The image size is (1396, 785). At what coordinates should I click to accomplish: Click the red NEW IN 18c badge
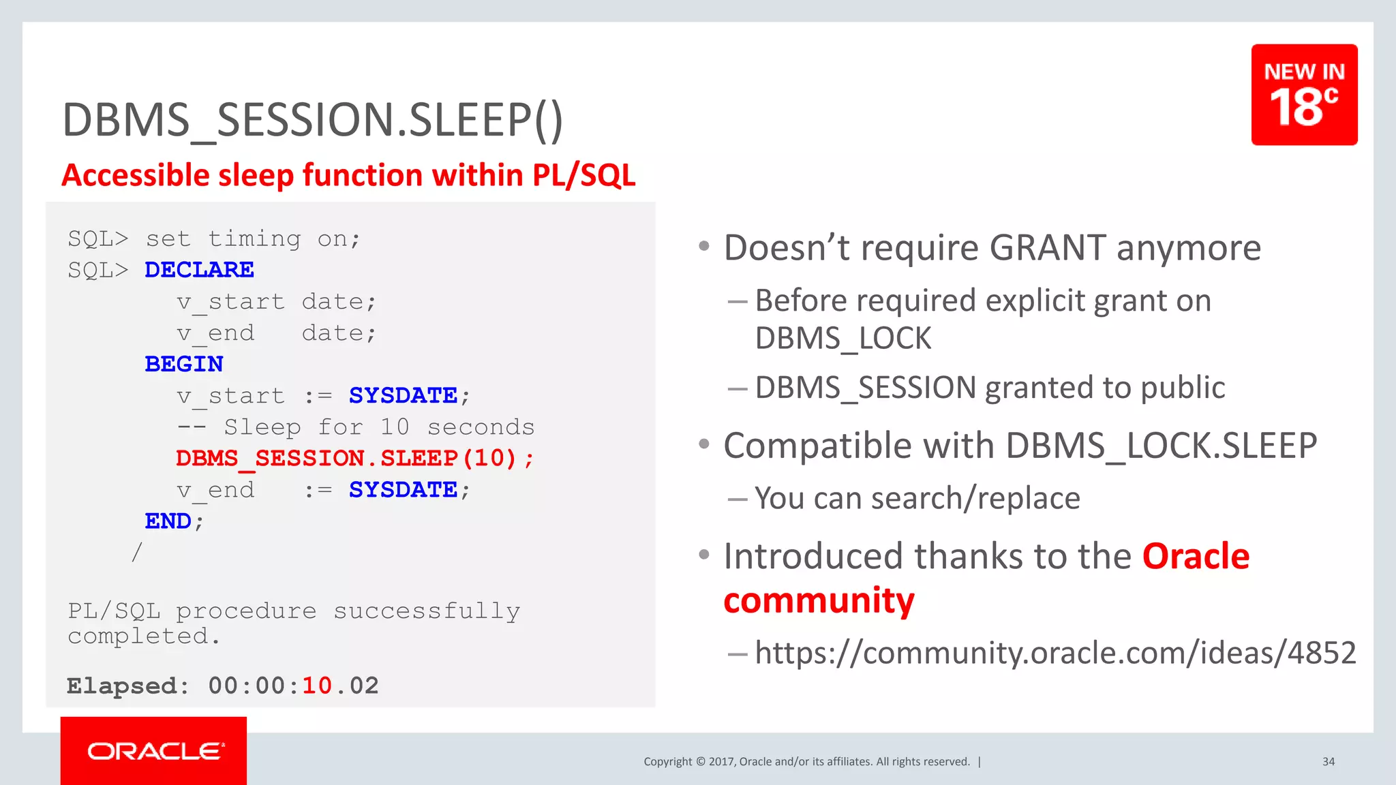click(1303, 95)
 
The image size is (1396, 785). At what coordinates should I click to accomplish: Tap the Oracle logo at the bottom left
click(154, 751)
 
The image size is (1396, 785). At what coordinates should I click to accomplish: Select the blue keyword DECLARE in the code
click(199, 270)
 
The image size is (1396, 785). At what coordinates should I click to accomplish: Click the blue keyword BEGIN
click(184, 364)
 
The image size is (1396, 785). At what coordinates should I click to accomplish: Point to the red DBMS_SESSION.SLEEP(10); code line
click(354, 458)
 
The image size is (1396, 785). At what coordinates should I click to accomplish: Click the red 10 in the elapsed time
click(317, 686)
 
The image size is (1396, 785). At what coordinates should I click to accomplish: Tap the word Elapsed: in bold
click(127, 686)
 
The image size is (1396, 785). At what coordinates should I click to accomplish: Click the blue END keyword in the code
click(168, 521)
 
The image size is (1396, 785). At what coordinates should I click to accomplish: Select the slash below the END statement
click(137, 552)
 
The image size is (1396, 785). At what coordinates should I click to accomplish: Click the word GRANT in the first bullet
click(1047, 248)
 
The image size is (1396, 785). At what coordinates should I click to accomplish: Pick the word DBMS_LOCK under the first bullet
click(843, 339)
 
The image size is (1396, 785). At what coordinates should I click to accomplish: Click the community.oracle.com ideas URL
click(1055, 653)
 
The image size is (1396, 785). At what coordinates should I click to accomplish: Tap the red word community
click(819, 601)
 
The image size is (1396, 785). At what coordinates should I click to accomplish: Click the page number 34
click(1328, 762)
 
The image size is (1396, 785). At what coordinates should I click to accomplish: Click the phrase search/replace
click(975, 499)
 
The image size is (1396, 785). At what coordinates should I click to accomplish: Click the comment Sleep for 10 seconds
click(379, 427)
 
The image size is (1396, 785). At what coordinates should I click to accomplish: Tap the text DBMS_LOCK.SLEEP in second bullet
click(1161, 446)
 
